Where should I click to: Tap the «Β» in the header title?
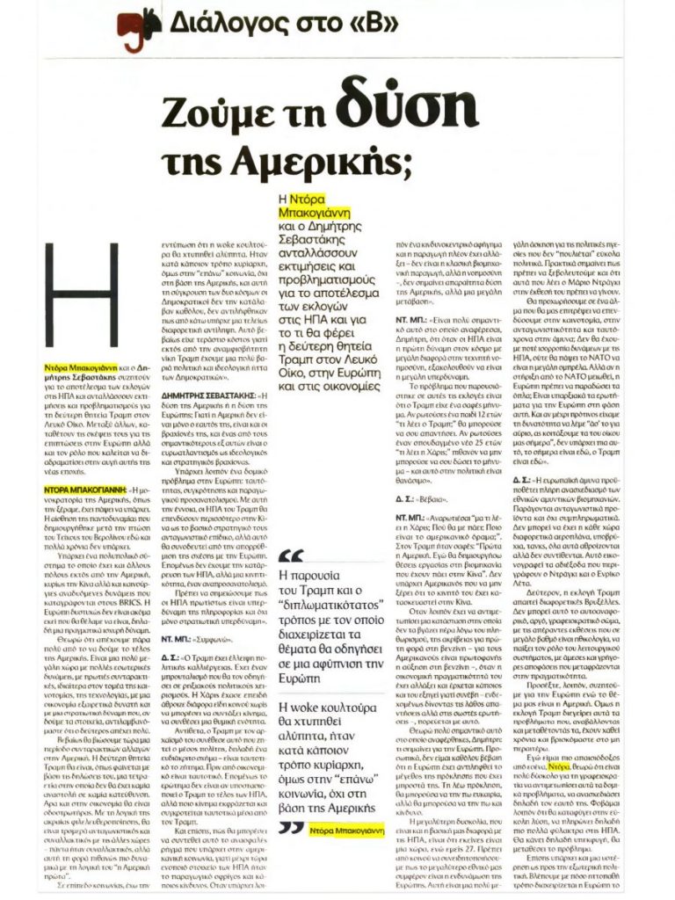tap(326, 21)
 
